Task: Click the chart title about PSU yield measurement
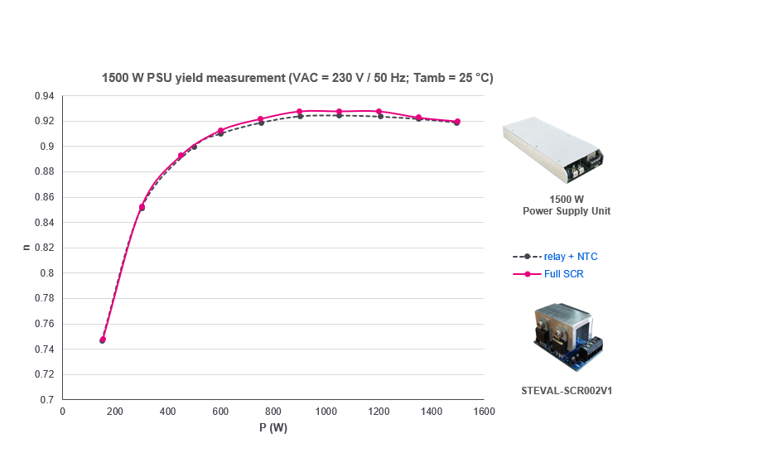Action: pos(297,78)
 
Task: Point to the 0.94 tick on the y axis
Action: pos(44,96)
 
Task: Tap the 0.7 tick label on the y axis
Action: pos(47,399)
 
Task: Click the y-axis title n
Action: pos(26,247)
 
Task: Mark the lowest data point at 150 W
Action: pos(103,340)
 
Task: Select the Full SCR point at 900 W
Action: pos(300,111)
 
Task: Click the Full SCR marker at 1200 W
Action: pos(379,111)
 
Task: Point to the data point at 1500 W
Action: pos(457,122)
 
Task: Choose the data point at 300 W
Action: pos(142,207)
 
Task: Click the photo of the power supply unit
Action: pos(553,150)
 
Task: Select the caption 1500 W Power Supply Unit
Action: pos(567,205)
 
